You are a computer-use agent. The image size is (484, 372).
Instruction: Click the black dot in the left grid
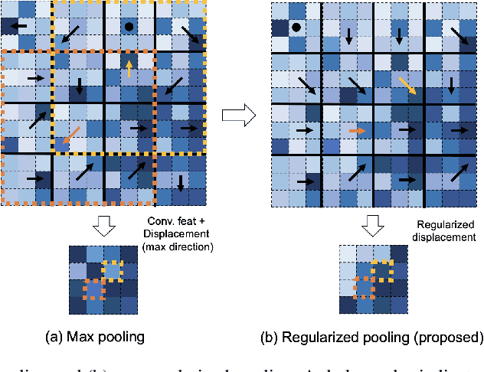pos(129,27)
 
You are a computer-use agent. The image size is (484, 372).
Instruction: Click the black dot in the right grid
pos(296,28)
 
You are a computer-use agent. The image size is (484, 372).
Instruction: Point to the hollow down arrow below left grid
pos(103,227)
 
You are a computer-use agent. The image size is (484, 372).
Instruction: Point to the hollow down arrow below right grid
pos(374,227)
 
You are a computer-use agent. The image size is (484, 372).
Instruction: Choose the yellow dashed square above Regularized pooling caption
pos(382,272)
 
